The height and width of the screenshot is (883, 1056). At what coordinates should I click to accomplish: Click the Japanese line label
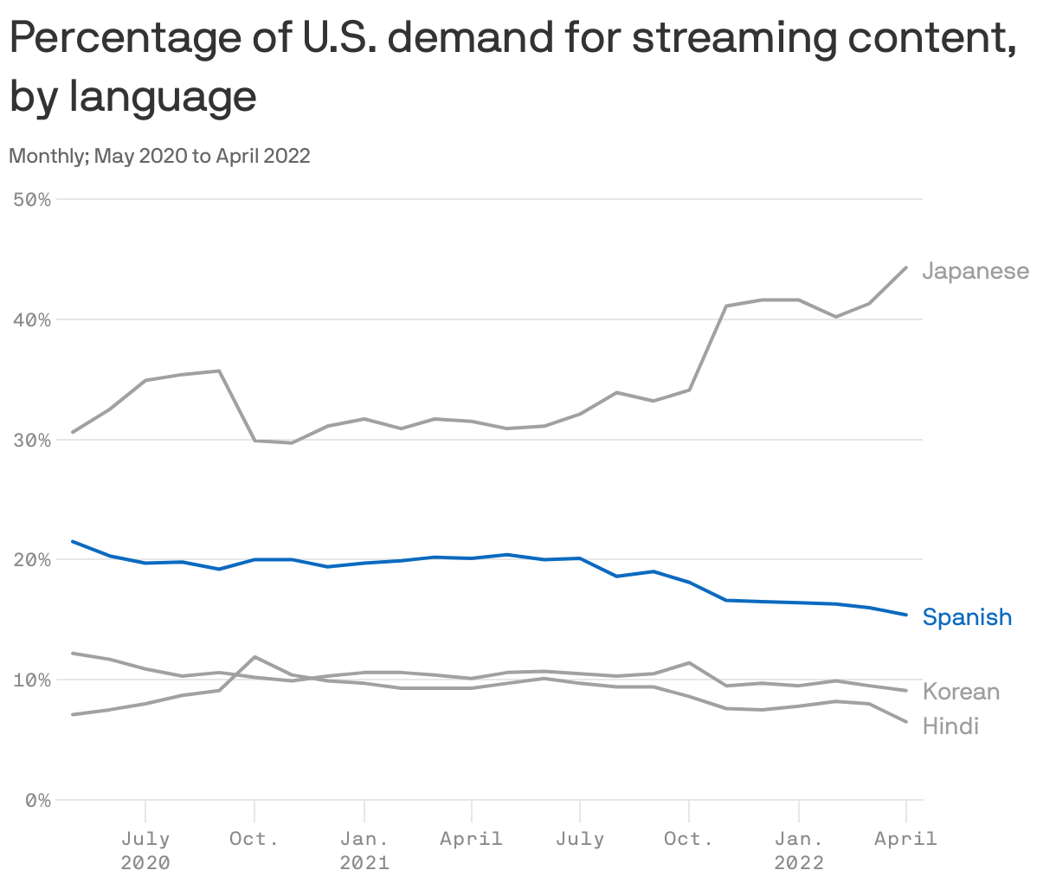(x=976, y=271)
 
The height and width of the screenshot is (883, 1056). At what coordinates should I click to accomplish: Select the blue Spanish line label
(x=967, y=617)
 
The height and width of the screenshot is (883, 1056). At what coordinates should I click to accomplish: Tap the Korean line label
(x=961, y=692)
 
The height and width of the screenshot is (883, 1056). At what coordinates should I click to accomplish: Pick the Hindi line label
(x=950, y=725)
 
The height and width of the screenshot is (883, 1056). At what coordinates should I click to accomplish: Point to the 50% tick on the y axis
(x=33, y=200)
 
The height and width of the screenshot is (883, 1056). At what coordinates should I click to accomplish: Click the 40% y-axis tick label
(x=33, y=320)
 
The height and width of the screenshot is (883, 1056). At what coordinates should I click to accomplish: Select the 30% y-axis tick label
(x=33, y=441)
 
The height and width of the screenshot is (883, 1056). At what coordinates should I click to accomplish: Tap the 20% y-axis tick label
(x=33, y=560)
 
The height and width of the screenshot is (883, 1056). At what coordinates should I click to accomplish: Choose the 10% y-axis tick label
(x=33, y=680)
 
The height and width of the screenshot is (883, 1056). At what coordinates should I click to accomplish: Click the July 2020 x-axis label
(x=145, y=850)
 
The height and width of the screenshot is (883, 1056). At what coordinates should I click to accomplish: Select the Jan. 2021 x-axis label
(x=364, y=850)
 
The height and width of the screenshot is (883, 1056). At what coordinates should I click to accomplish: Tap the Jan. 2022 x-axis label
(x=799, y=850)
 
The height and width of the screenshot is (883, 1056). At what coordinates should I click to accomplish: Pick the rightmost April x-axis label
(x=905, y=838)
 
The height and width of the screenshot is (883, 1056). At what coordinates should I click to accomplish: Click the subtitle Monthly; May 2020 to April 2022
(x=159, y=156)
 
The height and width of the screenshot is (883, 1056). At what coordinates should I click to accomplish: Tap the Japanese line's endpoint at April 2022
(x=905, y=267)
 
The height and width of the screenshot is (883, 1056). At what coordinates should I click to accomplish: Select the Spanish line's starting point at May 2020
(x=73, y=542)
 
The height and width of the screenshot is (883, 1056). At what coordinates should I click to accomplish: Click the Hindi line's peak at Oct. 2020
(x=254, y=657)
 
